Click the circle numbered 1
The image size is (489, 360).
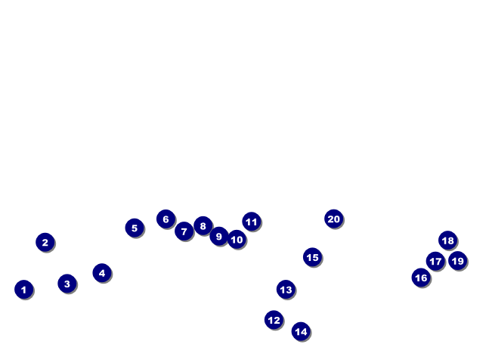(x=24, y=290)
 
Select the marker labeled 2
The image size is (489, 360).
(x=45, y=242)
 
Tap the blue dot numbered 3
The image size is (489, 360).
(x=67, y=284)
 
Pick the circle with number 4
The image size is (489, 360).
(x=102, y=273)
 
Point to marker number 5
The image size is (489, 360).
(x=135, y=228)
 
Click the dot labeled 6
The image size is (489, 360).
(x=166, y=219)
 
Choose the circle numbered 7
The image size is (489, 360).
(x=184, y=231)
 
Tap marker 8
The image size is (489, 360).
(x=203, y=225)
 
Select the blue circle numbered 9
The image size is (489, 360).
(x=219, y=236)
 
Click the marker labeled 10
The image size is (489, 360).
(x=237, y=239)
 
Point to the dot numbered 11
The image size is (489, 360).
(x=252, y=222)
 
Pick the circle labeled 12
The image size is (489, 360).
(x=274, y=320)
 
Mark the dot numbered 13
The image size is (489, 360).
(x=286, y=290)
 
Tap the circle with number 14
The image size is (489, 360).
(x=301, y=331)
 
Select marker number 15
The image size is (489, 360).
(x=312, y=257)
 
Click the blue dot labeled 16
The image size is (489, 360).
(x=421, y=278)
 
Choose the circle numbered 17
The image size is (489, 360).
(x=435, y=261)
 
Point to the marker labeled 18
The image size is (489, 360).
(x=448, y=241)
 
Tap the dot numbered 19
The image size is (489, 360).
(x=458, y=260)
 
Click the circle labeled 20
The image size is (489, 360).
(x=334, y=219)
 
